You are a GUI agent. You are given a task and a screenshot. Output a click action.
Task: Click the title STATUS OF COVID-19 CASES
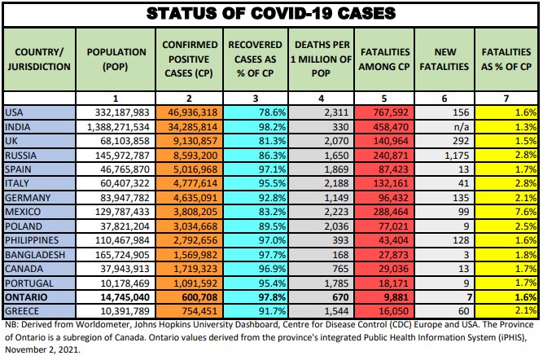point(271,13)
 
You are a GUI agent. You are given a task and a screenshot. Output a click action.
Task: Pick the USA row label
point(15,112)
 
